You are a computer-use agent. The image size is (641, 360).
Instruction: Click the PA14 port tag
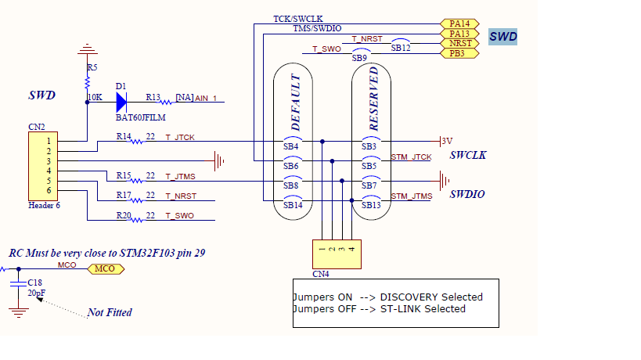coord(459,24)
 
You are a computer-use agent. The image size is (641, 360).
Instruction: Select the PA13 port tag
coord(459,34)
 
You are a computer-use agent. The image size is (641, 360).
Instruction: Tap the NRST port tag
coord(459,44)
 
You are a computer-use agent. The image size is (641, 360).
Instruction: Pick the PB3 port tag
coord(458,54)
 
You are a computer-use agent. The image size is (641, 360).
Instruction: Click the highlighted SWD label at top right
coord(502,37)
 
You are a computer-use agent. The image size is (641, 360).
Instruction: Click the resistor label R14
coord(124,136)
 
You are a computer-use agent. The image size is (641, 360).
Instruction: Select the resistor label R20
coord(124,214)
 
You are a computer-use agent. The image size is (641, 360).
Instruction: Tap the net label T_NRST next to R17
coord(180,196)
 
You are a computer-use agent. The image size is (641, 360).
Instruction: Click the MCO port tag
coord(104,268)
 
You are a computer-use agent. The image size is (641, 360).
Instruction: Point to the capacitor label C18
coord(34,282)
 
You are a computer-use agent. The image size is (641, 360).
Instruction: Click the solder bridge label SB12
coord(401,49)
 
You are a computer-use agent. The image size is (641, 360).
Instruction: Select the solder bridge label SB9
coord(359,58)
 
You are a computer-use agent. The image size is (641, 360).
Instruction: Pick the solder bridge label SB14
coord(291,205)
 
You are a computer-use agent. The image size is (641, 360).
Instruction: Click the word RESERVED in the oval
coord(374,99)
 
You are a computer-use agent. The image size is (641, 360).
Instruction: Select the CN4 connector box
coord(337,250)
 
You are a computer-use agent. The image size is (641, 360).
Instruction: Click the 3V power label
coord(447,141)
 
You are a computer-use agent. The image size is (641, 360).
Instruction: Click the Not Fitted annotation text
coord(110,312)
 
